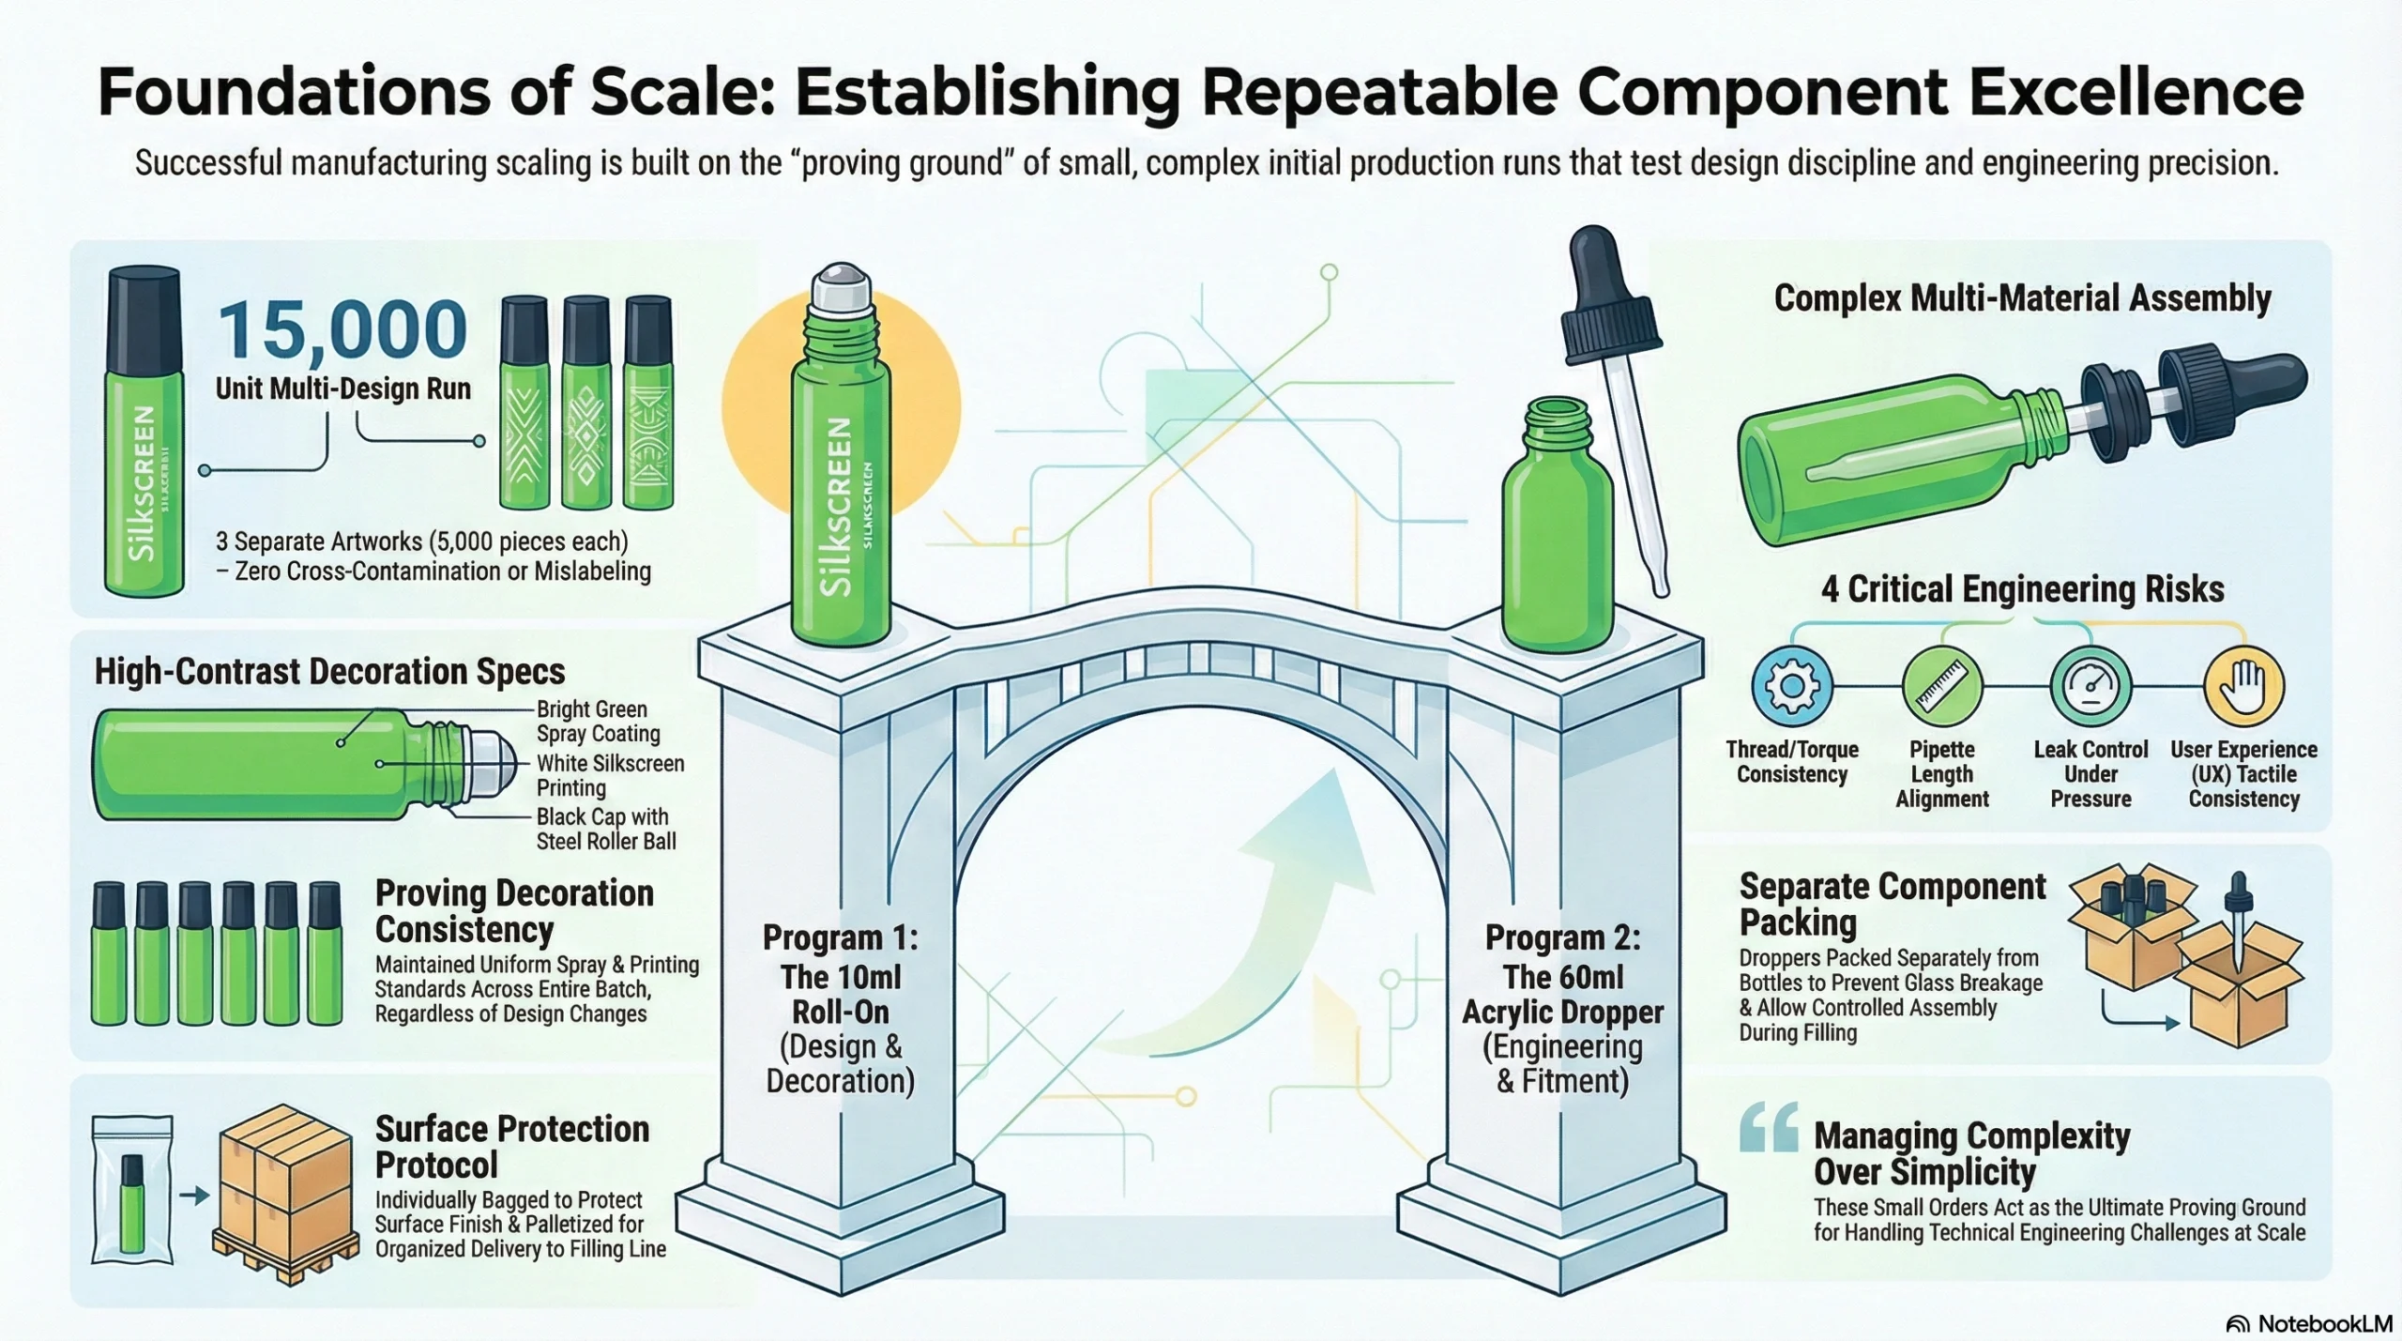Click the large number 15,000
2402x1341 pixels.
tap(342, 329)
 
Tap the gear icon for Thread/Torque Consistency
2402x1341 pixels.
tap(1791, 686)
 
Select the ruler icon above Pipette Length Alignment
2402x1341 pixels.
tap(1941, 686)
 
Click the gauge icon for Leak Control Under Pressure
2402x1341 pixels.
tap(2090, 686)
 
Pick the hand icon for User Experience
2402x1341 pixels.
tap(2243, 686)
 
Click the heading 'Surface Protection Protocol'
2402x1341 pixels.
tap(512, 1147)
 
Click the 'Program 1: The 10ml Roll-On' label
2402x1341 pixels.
tap(841, 976)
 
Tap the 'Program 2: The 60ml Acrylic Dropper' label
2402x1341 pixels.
tap(1563, 976)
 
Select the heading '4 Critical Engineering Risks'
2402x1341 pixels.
tap(2023, 589)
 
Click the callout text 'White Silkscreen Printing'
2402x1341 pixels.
tap(610, 776)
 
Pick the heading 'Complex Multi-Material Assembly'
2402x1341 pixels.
tap(2022, 298)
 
